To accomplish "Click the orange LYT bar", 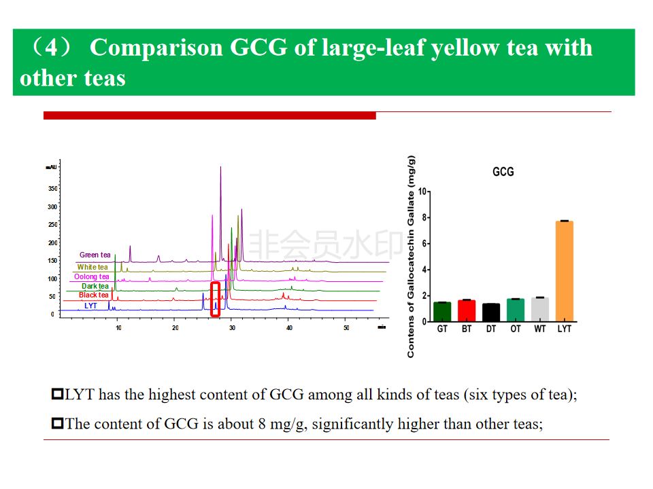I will (564, 271).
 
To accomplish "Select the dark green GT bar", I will (442, 312).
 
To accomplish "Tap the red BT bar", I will (467, 310).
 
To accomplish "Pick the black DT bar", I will (491, 312).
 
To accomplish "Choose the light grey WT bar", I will (540, 309).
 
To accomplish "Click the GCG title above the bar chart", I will (503, 172).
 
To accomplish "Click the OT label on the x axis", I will (516, 329).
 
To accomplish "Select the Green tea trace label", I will (95, 255).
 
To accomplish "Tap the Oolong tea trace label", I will (91, 276).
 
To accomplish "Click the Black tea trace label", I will (93, 295).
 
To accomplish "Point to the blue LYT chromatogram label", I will (90, 306).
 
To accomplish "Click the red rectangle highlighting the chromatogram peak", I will (215, 299).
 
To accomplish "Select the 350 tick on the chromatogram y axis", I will (52, 188).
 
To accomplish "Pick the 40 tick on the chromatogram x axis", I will (289, 328).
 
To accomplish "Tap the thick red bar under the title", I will (210, 115).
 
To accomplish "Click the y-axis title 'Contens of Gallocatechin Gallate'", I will (411, 257).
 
